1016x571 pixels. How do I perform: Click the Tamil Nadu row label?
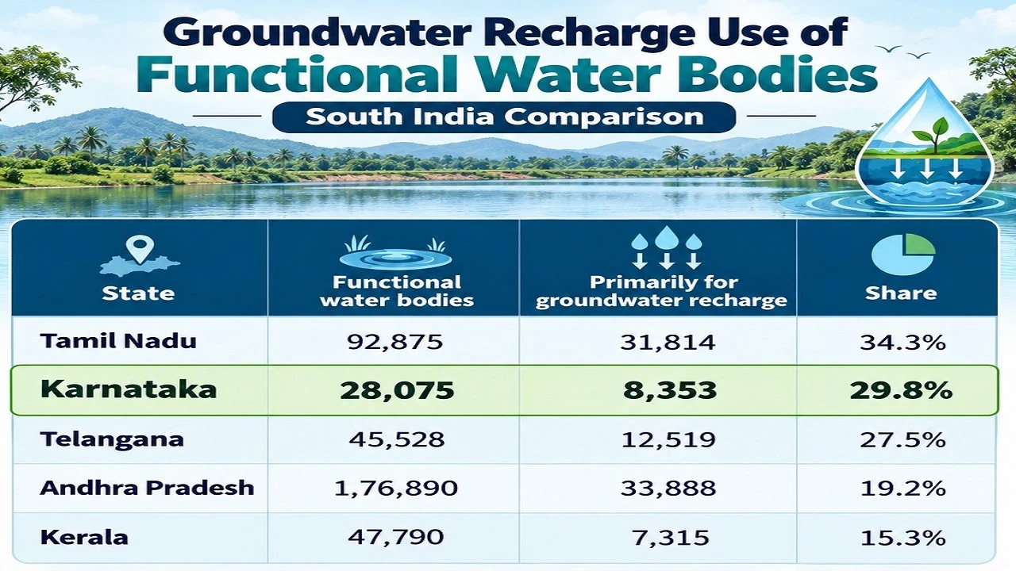(x=118, y=341)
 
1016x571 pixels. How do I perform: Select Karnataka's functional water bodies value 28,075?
(x=397, y=390)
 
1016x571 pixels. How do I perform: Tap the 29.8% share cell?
(x=901, y=390)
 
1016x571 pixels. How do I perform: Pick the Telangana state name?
(x=112, y=439)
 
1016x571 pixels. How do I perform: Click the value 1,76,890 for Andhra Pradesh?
(x=396, y=488)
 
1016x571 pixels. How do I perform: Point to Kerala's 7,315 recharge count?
(x=670, y=538)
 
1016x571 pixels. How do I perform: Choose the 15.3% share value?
(x=902, y=538)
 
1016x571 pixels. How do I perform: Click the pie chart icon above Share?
(x=903, y=255)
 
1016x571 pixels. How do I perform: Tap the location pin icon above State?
(x=139, y=249)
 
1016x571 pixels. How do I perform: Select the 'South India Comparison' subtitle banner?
(x=504, y=117)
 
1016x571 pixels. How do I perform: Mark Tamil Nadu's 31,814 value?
(x=668, y=342)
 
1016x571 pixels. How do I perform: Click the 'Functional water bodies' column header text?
(x=397, y=291)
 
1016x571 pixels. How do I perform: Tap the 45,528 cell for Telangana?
(x=396, y=439)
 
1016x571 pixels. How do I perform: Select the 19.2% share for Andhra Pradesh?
(x=902, y=488)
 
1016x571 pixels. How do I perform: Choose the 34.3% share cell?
(x=902, y=342)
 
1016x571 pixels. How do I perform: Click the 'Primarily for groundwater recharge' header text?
(x=661, y=291)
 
